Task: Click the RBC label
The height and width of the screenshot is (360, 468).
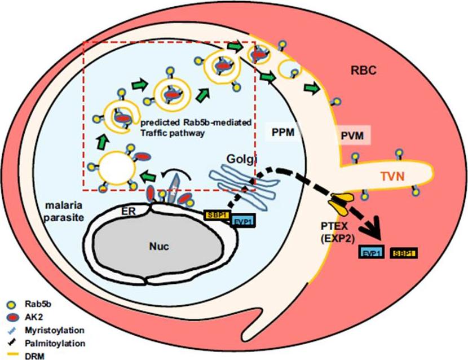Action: [361, 71]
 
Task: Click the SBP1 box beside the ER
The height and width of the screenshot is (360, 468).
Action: [214, 215]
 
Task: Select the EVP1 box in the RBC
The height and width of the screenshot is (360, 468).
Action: [372, 252]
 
